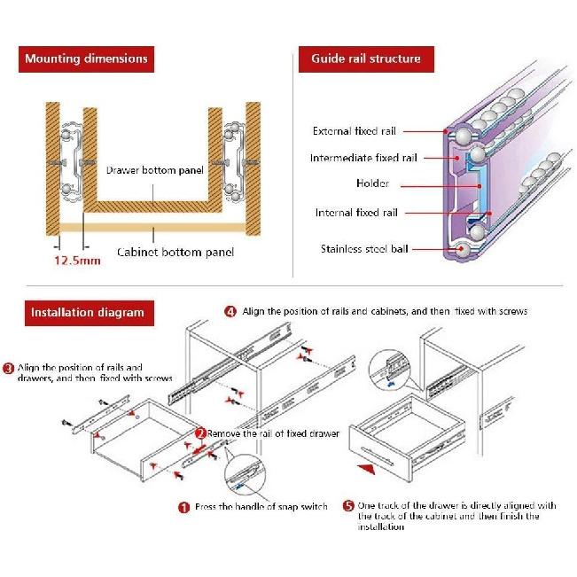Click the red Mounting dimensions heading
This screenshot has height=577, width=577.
86,59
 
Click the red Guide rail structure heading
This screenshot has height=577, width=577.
365,59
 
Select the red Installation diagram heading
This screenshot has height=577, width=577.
87,312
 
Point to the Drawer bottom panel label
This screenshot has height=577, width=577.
154,170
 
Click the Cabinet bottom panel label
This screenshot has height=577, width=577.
175,252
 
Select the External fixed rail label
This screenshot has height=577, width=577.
354,131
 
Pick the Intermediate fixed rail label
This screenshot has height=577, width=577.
363,158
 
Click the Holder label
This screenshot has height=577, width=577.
372,184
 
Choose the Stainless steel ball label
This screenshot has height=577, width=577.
364,249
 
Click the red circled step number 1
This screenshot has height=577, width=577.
184,508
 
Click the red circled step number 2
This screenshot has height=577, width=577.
200,433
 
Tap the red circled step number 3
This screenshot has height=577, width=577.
8,367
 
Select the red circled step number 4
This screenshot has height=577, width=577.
230,312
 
